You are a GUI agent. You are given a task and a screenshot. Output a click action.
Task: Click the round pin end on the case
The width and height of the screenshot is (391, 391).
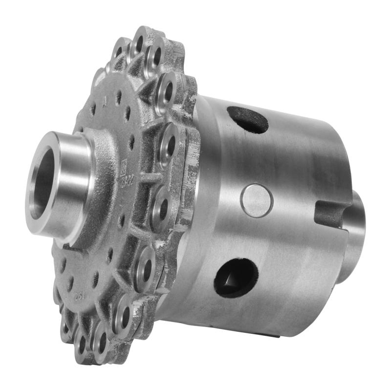[x=257, y=200]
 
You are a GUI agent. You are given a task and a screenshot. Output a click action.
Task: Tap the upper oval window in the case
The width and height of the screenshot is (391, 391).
[x=248, y=120]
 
